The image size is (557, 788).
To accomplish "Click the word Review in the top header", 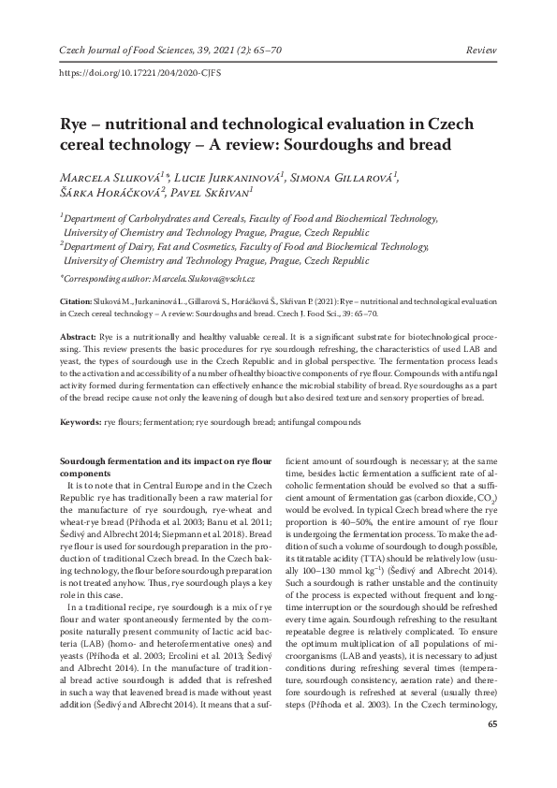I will (481, 22).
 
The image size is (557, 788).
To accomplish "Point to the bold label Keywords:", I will (81, 424).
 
